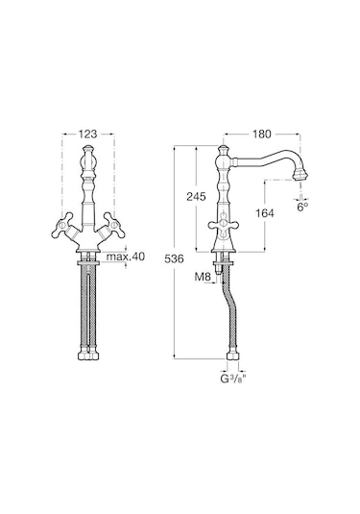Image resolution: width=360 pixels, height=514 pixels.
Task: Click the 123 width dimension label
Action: click(x=87, y=134)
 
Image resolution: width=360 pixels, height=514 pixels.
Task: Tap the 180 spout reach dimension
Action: click(x=262, y=134)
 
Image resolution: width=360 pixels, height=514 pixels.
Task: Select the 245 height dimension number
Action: click(x=196, y=197)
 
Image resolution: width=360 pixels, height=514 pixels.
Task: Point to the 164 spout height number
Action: click(x=264, y=213)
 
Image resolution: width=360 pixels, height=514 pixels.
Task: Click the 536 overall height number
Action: click(x=174, y=259)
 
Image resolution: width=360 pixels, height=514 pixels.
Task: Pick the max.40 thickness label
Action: click(x=126, y=257)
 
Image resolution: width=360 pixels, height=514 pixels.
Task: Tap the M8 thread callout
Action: click(x=203, y=277)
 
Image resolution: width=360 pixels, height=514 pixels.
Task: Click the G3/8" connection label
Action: click(x=232, y=379)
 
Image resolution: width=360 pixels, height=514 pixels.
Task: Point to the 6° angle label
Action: click(x=302, y=207)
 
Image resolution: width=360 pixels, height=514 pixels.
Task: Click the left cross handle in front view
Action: click(x=64, y=226)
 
